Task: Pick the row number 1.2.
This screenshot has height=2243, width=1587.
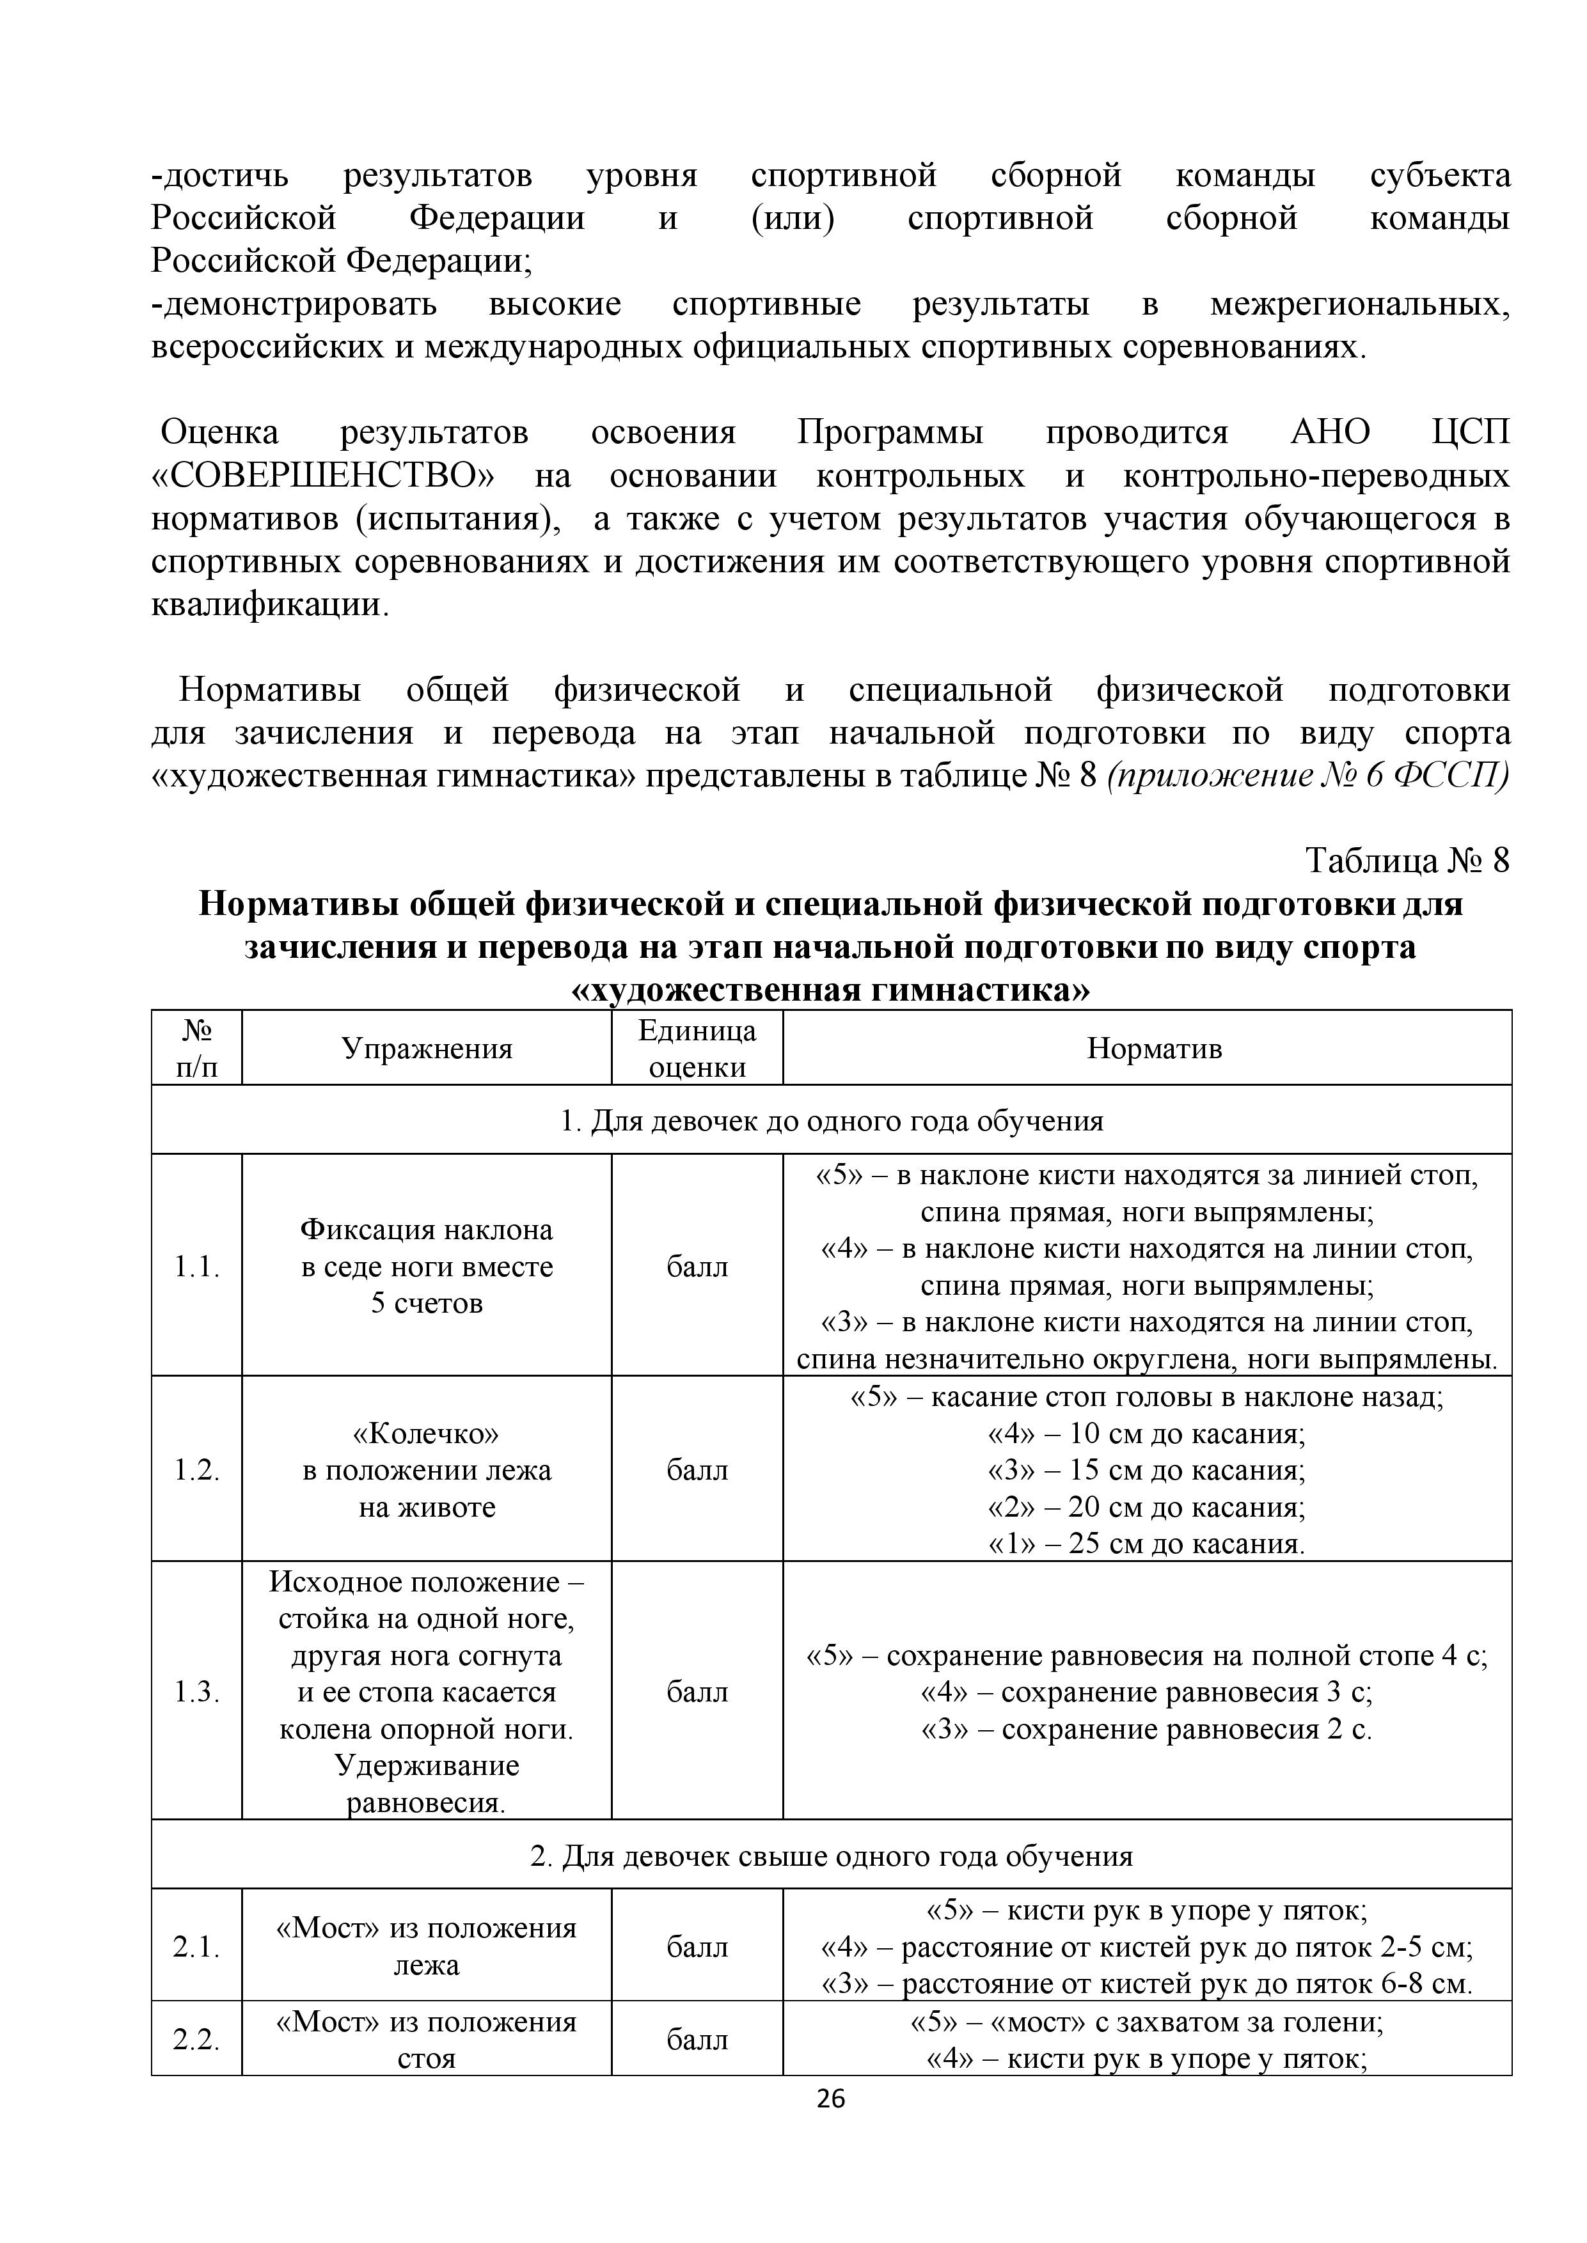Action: [196, 1469]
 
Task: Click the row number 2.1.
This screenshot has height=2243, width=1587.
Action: [196, 1946]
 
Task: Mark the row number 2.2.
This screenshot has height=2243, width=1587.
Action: [196, 2039]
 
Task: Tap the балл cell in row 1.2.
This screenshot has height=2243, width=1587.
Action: [697, 1469]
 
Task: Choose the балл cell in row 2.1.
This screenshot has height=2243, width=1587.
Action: [697, 1946]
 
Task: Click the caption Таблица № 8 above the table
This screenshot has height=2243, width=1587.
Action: [1407, 860]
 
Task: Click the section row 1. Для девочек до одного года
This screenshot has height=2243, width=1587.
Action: [831, 1120]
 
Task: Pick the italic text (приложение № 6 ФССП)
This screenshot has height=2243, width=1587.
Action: [1309, 776]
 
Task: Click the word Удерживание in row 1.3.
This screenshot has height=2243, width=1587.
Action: [427, 1765]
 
